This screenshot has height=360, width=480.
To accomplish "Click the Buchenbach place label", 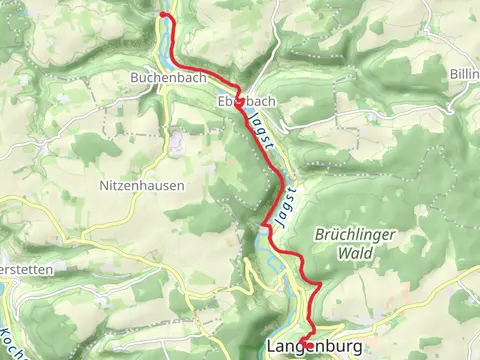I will (162, 76).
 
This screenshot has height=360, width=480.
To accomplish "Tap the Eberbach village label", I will (245, 101).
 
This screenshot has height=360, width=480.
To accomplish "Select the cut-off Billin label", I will (464, 75).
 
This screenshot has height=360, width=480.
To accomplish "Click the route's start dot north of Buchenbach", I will (163, 15).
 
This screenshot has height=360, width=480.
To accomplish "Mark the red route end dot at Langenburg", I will (308, 345).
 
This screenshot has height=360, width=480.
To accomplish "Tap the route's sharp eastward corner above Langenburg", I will (318, 286).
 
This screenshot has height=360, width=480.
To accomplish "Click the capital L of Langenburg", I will (273, 347).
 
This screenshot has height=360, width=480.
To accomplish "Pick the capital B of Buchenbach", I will (134, 76).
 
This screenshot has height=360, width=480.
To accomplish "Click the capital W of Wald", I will (329, 253).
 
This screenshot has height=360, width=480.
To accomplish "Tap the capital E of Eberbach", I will (219, 101).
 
